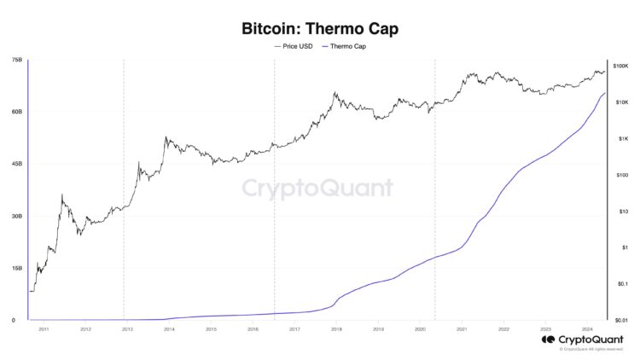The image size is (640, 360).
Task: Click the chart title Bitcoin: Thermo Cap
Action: coord(320,28)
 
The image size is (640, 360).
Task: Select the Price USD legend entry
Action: coord(294,46)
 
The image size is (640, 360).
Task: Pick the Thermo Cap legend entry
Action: coord(346,46)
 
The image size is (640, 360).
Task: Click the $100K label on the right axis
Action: coord(620,66)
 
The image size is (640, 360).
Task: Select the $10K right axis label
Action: coord(620,102)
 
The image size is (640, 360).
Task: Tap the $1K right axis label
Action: coord(622,138)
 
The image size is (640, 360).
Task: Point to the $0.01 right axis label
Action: coord(620,319)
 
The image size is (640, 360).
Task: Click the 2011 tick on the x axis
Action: coord(44,328)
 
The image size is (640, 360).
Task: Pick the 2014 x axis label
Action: coord(169,328)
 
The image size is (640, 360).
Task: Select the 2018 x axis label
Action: coord(336,328)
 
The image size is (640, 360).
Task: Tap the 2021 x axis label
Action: coord(462,328)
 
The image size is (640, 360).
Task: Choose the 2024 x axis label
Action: coord(587,328)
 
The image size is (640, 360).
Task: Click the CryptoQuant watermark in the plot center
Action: coord(317,189)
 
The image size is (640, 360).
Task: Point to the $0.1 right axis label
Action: coord(620,283)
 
